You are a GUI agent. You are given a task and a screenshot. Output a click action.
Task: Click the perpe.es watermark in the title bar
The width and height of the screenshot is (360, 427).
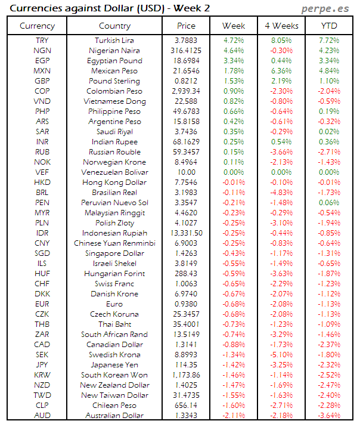[x=325, y=8]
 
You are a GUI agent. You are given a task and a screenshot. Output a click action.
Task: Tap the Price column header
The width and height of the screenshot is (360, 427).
[x=186, y=26]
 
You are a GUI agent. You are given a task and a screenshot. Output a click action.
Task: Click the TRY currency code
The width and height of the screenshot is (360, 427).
[x=42, y=40]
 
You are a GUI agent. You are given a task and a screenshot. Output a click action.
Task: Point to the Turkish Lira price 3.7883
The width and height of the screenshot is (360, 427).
[x=186, y=40]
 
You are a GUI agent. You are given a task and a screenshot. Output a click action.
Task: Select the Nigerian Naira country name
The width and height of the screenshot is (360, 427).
[x=114, y=50]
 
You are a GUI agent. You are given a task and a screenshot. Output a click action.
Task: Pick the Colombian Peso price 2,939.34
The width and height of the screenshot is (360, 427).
[x=186, y=91]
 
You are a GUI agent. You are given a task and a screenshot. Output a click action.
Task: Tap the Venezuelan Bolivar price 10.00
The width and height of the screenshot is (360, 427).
[x=186, y=172]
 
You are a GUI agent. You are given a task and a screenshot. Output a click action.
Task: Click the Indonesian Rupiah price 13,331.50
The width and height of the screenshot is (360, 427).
[x=186, y=233]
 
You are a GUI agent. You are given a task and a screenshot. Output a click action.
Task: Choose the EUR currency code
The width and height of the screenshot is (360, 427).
[x=42, y=304]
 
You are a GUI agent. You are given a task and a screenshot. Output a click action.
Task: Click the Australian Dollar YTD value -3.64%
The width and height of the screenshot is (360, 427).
[x=328, y=415]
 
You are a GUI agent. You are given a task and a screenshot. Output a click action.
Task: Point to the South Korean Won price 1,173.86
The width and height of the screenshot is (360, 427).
[x=186, y=375]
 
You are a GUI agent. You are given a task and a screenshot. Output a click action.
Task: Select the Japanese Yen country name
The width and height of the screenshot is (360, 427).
[x=114, y=364]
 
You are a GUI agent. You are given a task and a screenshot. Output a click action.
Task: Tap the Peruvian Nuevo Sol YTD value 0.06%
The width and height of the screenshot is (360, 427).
[x=328, y=202]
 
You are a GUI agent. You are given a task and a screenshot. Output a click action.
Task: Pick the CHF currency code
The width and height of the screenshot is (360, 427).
[x=42, y=283]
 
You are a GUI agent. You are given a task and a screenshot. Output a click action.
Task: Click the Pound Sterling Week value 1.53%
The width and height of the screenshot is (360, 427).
[x=233, y=81]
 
